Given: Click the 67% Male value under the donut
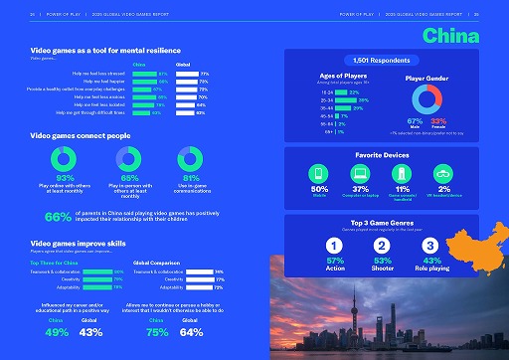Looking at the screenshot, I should tap(415, 119).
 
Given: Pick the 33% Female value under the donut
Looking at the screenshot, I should tap(438, 119).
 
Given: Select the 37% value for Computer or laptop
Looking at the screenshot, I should tap(362, 188).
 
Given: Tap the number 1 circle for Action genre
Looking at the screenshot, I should tap(335, 245).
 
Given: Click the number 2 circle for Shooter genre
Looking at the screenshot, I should tap(383, 245).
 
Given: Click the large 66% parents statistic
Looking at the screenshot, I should tap(58, 216).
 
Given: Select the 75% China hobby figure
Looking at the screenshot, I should tap(156, 332).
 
